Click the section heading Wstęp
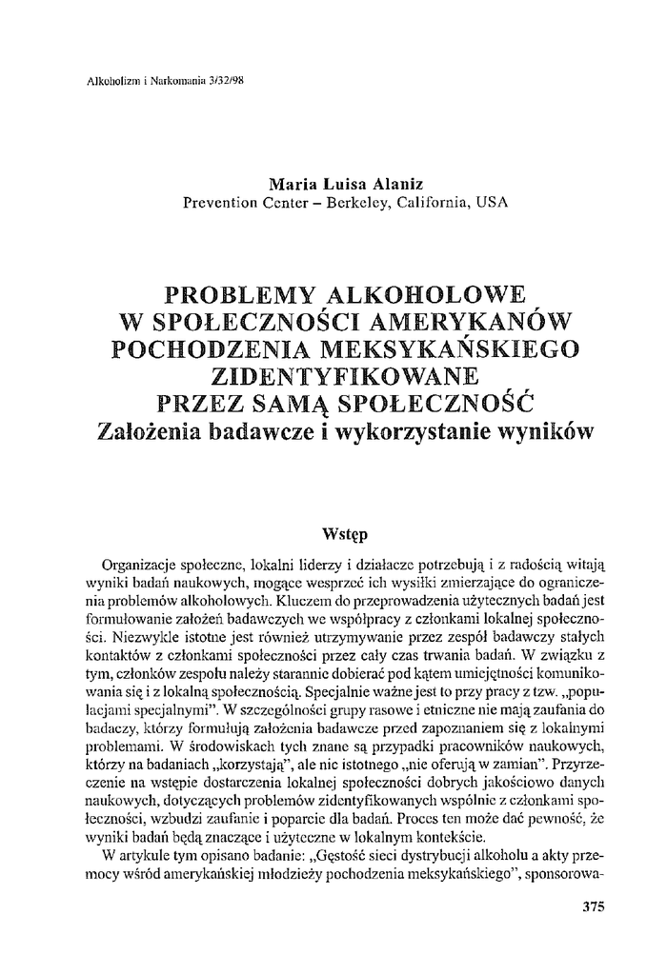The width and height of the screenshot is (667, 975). (x=333, y=525)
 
